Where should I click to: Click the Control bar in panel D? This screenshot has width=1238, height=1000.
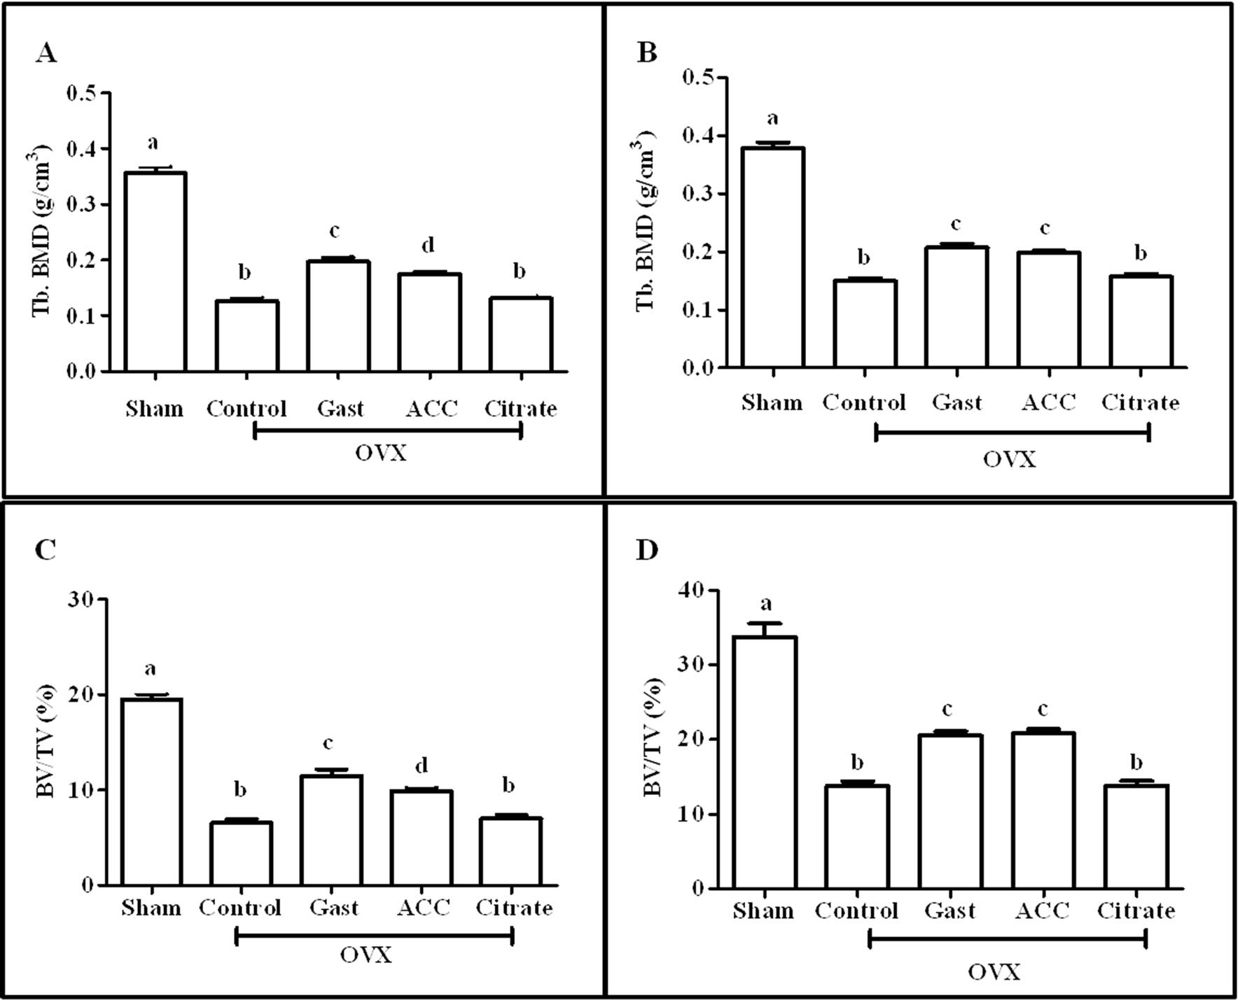pos(856,837)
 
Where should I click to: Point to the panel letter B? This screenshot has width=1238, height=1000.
pos(646,53)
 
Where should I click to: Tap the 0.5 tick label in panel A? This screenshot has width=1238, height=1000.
pos(83,93)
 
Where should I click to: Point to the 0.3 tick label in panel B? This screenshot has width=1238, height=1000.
pos(698,194)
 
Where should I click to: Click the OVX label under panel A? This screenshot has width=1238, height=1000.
pos(380,453)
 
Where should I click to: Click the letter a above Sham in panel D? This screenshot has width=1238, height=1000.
pos(765,603)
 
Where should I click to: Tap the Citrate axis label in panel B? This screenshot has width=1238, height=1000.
pos(1140,402)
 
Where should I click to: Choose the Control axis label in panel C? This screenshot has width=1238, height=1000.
pos(239,908)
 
